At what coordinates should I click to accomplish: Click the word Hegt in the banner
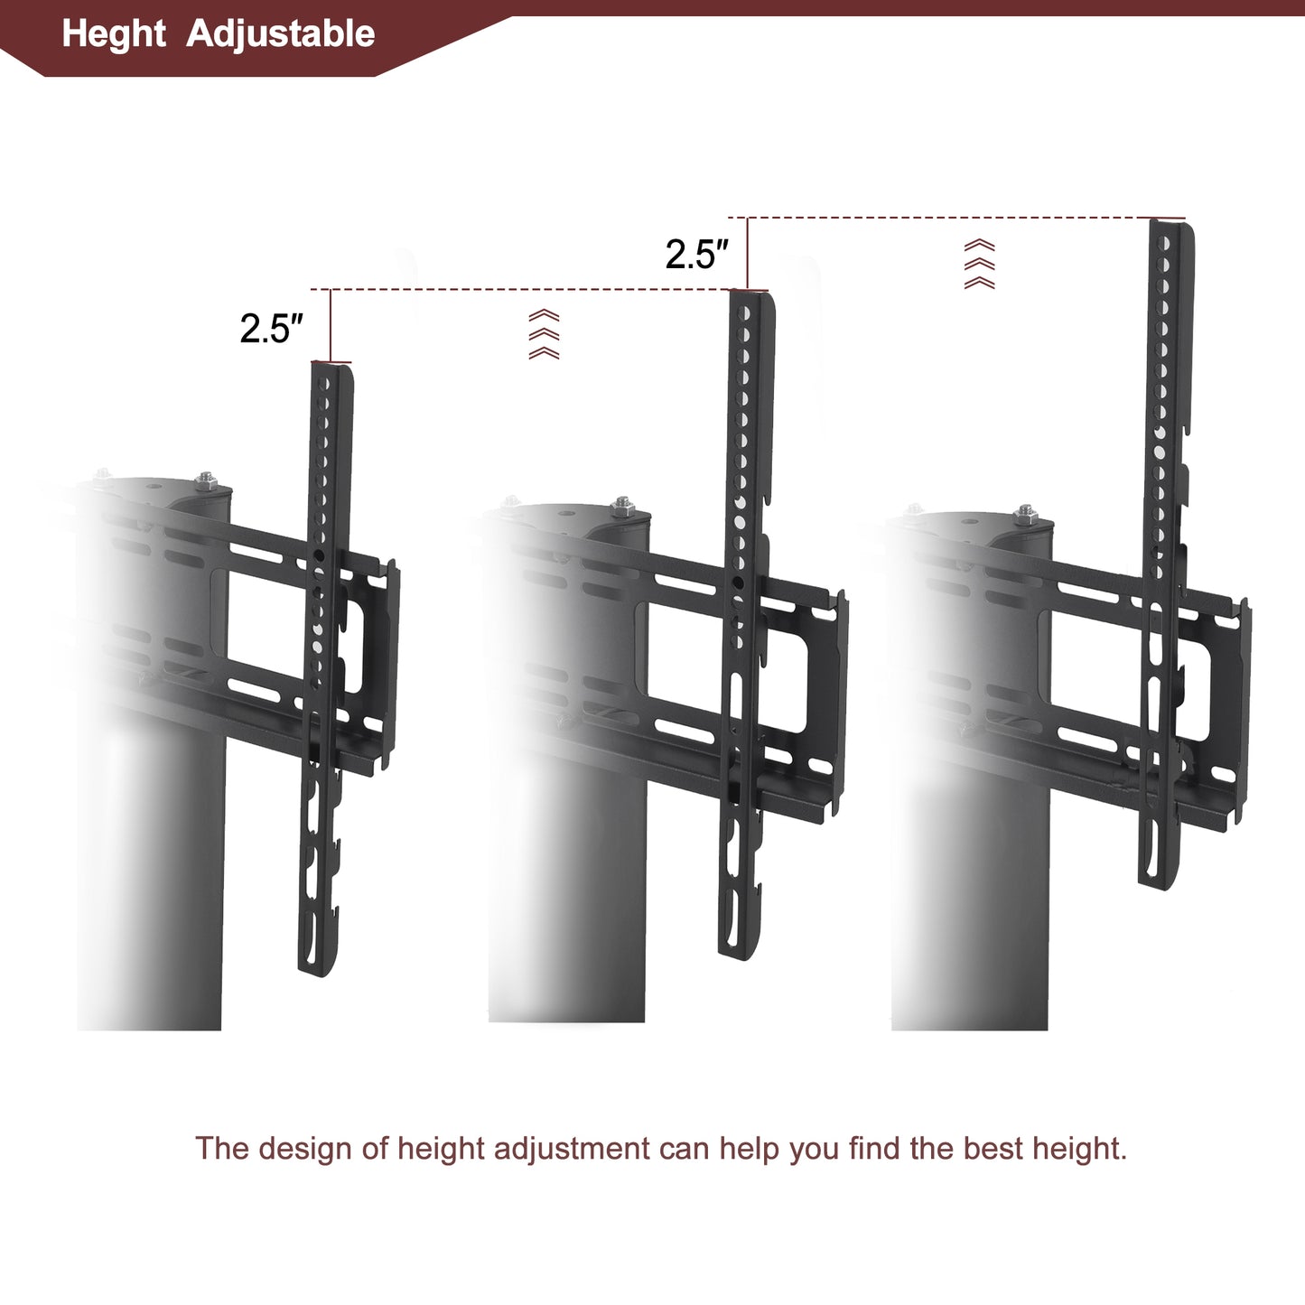(x=114, y=34)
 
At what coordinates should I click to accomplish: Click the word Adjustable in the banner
(x=280, y=34)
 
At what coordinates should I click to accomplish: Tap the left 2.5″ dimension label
(x=271, y=329)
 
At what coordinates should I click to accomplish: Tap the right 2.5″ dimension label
(x=696, y=255)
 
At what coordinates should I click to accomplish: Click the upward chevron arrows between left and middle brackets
(x=544, y=334)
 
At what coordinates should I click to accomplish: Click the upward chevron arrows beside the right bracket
(x=980, y=264)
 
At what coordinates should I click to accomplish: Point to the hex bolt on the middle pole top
(x=621, y=507)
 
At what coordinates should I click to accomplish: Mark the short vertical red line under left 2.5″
(x=331, y=325)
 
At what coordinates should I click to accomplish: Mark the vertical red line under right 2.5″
(x=748, y=253)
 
